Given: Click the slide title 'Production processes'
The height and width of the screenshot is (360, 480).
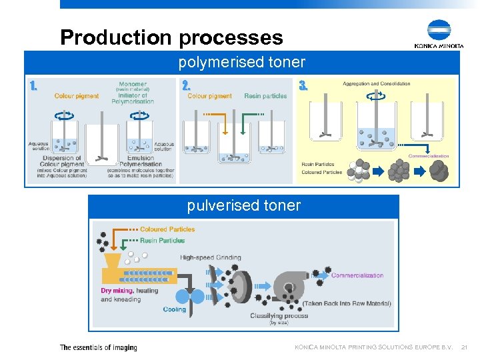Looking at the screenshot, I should tap(171, 37).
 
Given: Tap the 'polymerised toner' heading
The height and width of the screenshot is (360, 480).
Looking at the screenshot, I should tap(241, 63).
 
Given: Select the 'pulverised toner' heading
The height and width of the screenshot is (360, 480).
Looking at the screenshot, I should tap(243, 205).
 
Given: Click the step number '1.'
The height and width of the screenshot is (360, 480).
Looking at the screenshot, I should tap(33, 85).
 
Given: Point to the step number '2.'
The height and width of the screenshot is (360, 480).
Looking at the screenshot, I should tap(187, 85).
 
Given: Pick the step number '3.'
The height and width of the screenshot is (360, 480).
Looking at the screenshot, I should tap(303, 85).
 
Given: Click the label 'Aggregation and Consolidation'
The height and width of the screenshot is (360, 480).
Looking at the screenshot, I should tap(376, 84).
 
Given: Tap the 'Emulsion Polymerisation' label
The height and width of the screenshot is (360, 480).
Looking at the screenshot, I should tap(141, 161).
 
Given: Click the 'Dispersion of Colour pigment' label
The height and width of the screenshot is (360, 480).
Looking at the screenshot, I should tap(62, 161).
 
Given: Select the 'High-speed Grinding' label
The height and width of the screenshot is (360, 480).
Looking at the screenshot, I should tap(210, 257).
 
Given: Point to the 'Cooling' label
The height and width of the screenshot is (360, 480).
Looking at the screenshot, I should tap(175, 309).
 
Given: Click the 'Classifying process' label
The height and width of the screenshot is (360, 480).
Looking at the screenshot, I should tap(279, 315).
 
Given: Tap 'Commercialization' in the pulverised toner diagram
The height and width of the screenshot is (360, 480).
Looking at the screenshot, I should tap(357, 275).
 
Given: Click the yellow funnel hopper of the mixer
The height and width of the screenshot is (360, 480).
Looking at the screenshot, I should tap(112, 259).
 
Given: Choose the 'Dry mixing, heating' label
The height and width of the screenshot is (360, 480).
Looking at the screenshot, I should tap(129, 291).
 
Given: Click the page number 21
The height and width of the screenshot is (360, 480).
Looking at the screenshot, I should tap(464, 347).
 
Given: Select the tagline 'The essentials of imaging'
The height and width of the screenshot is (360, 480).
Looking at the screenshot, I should tap(98, 347).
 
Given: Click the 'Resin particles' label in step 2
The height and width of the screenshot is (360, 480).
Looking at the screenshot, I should tap(265, 96).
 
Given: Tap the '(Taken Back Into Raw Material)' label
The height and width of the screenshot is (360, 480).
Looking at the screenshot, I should tap(347, 303).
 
